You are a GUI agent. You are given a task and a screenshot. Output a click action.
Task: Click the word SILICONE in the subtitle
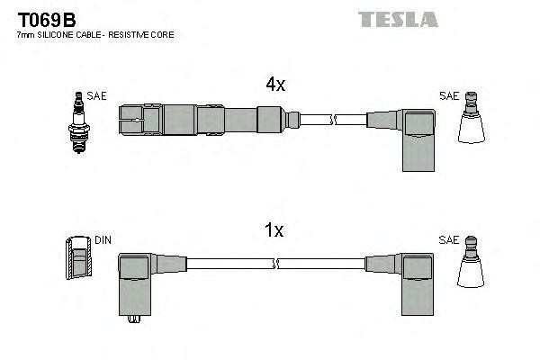pos(64,34)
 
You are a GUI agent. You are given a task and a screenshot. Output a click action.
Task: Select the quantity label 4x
pos(274,85)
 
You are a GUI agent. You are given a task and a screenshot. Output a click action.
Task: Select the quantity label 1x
pos(274,230)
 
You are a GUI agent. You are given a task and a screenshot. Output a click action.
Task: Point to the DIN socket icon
pos(79,259)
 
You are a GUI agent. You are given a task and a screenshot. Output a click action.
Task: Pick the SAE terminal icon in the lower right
pos(474,267)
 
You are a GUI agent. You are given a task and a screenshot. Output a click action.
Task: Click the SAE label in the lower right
pos(448,241)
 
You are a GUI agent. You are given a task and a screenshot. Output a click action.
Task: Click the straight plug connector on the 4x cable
pos(198,119)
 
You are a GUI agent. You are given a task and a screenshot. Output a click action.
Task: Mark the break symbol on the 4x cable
pos(334,120)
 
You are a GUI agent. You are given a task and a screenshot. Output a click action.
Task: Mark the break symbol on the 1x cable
pos(276,263)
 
